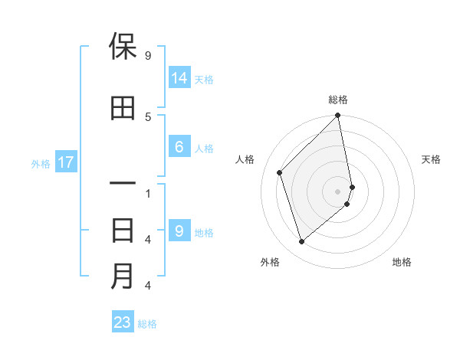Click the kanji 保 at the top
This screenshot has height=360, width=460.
tap(123, 47)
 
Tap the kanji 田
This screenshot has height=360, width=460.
tap(123, 109)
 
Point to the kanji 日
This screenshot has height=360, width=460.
tap(123, 231)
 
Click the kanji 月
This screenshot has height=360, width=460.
tap(123, 277)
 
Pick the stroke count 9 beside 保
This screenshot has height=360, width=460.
tap(147, 56)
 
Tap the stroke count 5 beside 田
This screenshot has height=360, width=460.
tap(147, 116)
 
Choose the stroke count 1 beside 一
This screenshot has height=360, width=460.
tap(147, 193)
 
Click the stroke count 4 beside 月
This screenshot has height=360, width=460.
tap(147, 286)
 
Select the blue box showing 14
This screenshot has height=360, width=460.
tap(179, 78)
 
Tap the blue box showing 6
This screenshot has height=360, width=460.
tap(179, 147)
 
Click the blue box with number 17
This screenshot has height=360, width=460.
tap(65, 162)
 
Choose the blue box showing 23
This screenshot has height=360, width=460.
tap(123, 322)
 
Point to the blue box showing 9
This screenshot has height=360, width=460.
tap(179, 231)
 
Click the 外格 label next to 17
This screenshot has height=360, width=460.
tap(40, 163)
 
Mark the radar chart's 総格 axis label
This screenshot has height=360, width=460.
tap(338, 100)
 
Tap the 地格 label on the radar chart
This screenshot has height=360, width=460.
tap(402, 262)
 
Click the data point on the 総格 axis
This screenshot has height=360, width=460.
tap(338, 116)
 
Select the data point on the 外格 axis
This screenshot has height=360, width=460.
tap(302, 242)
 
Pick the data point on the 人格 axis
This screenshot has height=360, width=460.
tap(280, 172)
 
